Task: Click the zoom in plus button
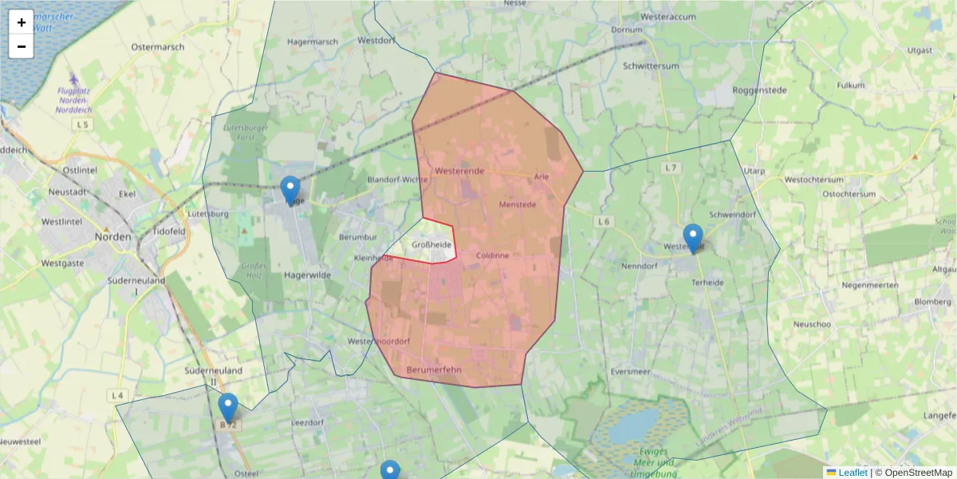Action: point(22,22)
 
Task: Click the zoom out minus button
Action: point(22,46)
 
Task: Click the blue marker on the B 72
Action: point(228,408)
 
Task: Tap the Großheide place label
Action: point(431,245)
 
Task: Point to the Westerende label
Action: point(460,171)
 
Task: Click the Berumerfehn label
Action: point(434,370)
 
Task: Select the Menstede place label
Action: point(517,204)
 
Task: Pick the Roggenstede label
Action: point(759,90)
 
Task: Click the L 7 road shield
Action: point(671,168)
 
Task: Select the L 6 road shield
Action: point(603,221)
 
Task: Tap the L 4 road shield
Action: point(118,395)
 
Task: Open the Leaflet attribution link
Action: point(853,473)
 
